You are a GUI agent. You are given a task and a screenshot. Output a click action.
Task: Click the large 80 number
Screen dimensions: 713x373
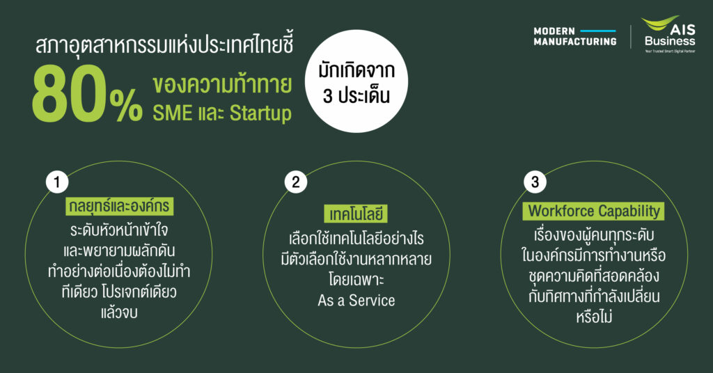[68, 94]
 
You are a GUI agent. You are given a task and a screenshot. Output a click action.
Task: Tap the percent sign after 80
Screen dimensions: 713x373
[126, 105]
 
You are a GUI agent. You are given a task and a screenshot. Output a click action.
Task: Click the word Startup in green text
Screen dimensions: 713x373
[260, 114]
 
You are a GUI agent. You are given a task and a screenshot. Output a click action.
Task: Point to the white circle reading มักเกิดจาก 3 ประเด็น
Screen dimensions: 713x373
[356, 82]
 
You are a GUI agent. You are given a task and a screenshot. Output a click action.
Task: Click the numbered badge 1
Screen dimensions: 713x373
[57, 182]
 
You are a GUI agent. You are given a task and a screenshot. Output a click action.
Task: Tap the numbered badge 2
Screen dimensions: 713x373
[296, 182]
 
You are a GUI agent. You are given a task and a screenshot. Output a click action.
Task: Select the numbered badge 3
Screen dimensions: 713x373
[535, 182]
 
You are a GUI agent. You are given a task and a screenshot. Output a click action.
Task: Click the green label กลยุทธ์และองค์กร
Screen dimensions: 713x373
[119, 206]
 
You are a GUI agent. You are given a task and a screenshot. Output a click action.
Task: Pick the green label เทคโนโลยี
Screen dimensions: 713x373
[356, 214]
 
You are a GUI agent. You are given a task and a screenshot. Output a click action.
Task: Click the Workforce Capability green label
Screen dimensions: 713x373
[593, 212]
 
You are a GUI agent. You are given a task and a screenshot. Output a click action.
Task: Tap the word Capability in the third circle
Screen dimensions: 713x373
[629, 212]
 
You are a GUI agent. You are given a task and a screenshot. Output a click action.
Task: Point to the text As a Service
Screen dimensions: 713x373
[356, 301]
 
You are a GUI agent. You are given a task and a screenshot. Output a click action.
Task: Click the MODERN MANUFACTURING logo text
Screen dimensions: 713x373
[574, 36]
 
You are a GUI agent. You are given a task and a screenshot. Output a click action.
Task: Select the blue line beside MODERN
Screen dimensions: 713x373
[598, 31]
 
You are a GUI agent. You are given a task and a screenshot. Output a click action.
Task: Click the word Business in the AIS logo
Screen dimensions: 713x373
[670, 41]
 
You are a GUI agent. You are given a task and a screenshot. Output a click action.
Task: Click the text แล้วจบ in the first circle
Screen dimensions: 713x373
[119, 312]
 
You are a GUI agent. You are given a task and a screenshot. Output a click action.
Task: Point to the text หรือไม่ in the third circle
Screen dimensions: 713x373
[594, 316]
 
